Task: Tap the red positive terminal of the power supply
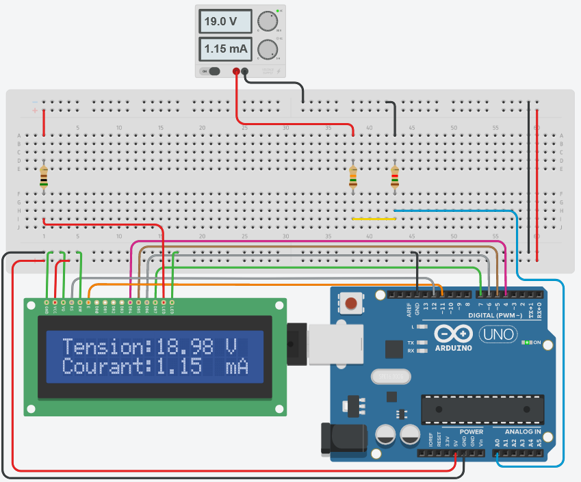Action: [x=237, y=71]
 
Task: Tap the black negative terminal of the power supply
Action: [x=245, y=71]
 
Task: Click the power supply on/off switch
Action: [x=214, y=71]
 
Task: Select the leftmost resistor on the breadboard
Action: [x=44, y=176]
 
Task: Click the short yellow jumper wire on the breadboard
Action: [x=374, y=219]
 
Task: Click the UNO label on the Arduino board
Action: [x=498, y=334]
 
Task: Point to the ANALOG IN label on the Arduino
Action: [x=522, y=432]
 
